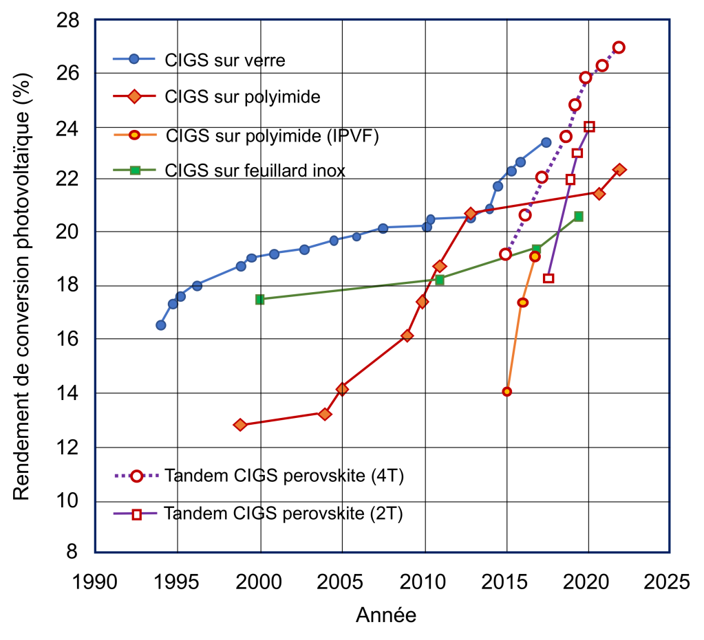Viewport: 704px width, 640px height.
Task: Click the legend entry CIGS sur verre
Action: click(x=224, y=60)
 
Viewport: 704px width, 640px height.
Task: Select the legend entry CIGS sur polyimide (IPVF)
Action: click(x=272, y=135)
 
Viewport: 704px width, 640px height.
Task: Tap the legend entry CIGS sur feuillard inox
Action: click(x=255, y=170)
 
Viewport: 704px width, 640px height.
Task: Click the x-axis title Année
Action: click(x=385, y=615)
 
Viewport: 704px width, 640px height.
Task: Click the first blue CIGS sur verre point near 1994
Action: click(x=160, y=325)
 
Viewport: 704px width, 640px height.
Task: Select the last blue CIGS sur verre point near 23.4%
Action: click(x=546, y=142)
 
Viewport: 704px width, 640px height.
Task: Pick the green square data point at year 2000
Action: click(x=259, y=299)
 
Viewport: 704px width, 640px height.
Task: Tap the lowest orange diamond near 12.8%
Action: click(x=239, y=425)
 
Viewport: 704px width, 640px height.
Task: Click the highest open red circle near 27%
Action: click(x=619, y=47)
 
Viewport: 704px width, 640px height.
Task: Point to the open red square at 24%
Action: click(x=589, y=126)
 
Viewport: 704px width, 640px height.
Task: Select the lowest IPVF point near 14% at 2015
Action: click(x=506, y=392)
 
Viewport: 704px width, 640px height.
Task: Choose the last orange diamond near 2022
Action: click(x=619, y=169)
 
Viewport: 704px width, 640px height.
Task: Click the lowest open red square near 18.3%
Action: click(x=548, y=278)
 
